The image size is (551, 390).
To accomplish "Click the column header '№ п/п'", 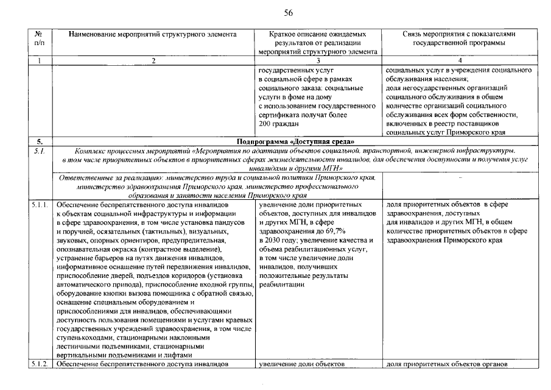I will tap(40, 38).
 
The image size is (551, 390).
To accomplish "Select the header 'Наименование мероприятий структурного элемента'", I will tap(153, 34).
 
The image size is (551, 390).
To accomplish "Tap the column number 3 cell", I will tap(318, 60).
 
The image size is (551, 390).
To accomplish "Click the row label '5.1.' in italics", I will tap(38, 150).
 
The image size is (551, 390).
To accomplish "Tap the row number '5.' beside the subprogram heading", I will tap(38, 141).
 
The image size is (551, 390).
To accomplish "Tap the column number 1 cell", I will tap(40, 60).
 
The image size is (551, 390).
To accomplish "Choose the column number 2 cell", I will tap(153, 60).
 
